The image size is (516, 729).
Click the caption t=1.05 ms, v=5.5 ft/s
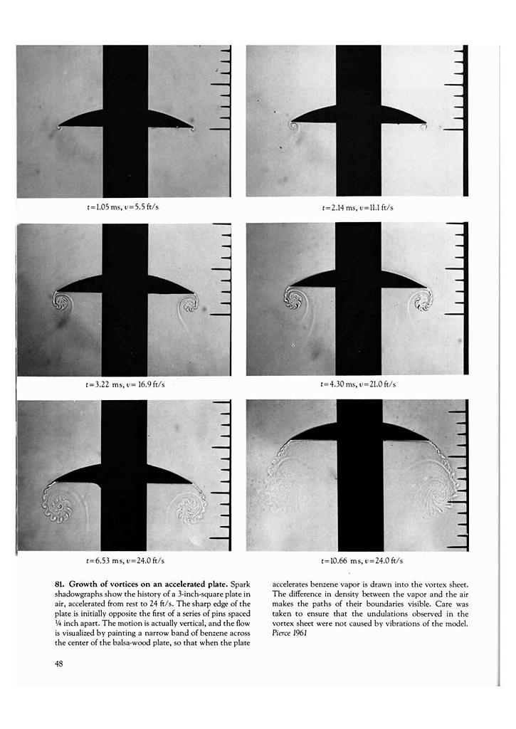127,207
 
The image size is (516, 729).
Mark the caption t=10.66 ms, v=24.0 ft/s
358,561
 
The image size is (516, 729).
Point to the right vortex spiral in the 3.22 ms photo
189,304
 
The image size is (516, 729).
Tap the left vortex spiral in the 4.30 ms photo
293,298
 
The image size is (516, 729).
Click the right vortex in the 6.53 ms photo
190,505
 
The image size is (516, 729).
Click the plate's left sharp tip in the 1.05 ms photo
60,127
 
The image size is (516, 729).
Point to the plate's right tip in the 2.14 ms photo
426,124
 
